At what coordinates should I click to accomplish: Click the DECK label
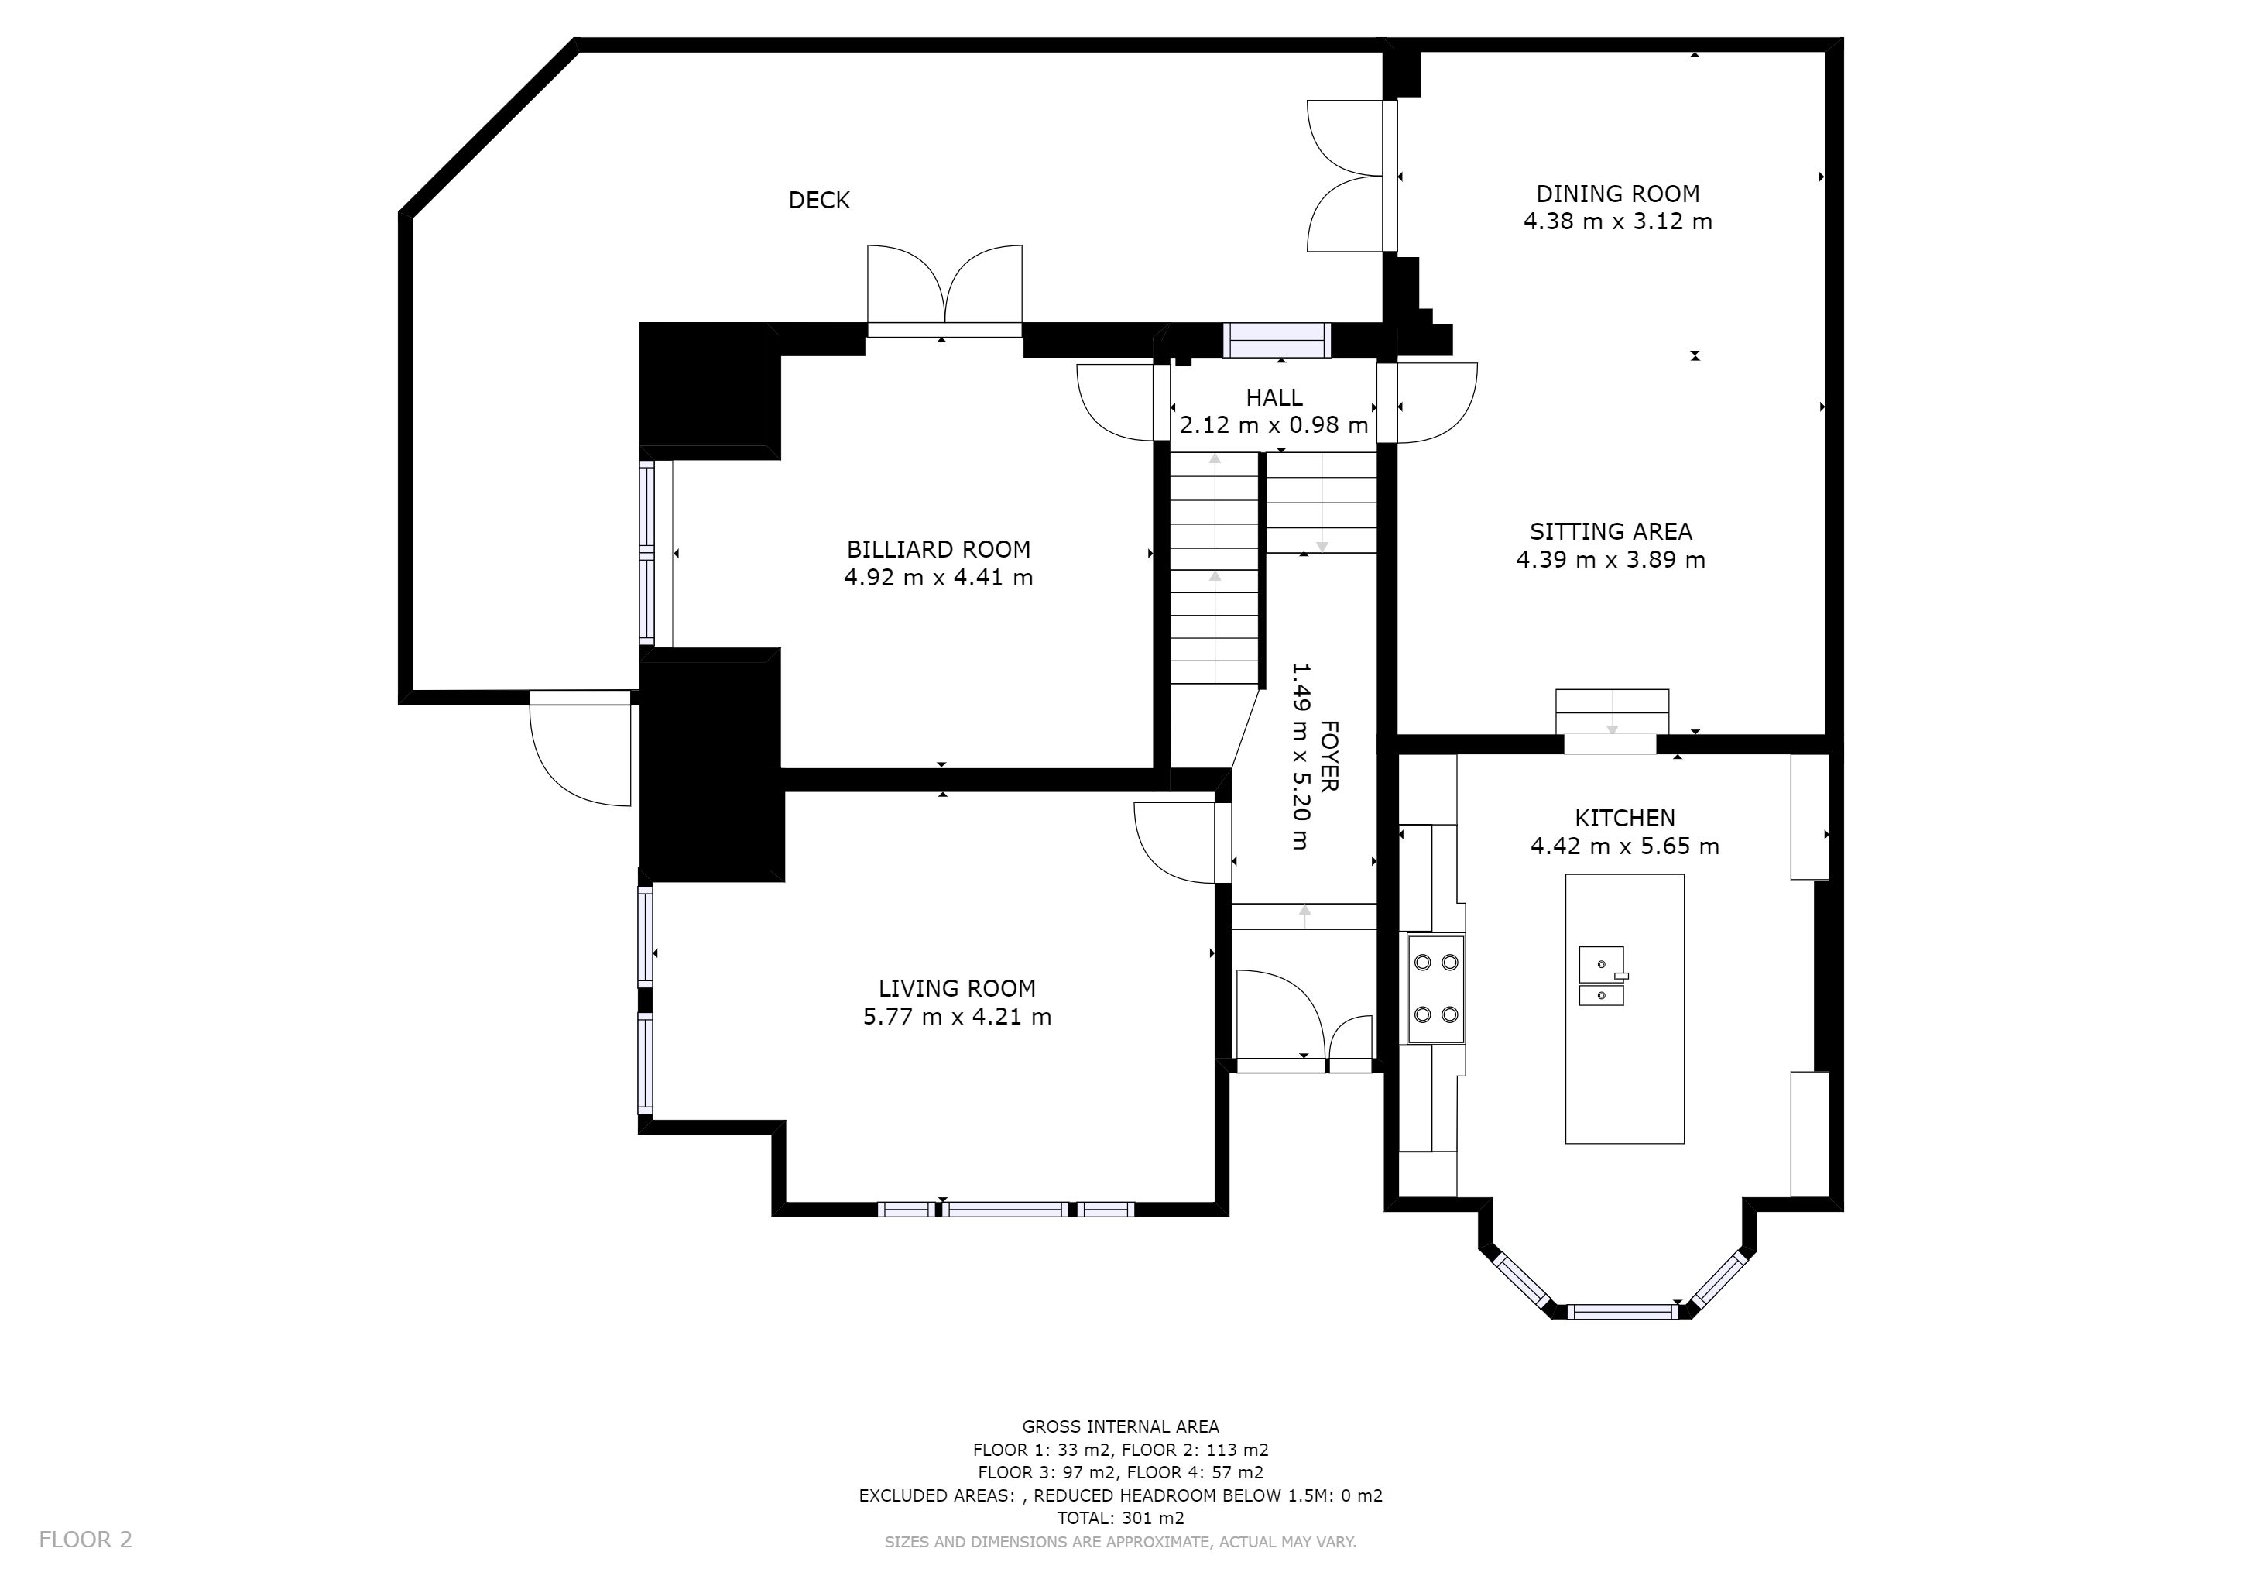click(818, 201)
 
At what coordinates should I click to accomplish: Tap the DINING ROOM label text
click(1617, 194)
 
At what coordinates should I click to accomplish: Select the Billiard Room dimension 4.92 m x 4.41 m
click(938, 578)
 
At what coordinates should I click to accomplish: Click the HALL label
click(1274, 397)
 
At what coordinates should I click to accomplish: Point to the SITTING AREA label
click(1610, 532)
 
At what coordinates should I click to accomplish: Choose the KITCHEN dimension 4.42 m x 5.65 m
click(1624, 846)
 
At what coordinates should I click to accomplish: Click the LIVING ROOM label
click(956, 988)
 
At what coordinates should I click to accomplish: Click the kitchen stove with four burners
click(1435, 988)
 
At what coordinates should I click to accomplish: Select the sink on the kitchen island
click(1603, 976)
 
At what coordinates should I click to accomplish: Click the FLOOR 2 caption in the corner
click(85, 1539)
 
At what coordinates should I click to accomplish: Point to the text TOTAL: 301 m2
click(1120, 1518)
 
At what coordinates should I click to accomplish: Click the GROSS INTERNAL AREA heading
click(1120, 1426)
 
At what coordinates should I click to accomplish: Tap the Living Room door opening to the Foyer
click(1181, 842)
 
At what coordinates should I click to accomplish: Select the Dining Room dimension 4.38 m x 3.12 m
click(1617, 221)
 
